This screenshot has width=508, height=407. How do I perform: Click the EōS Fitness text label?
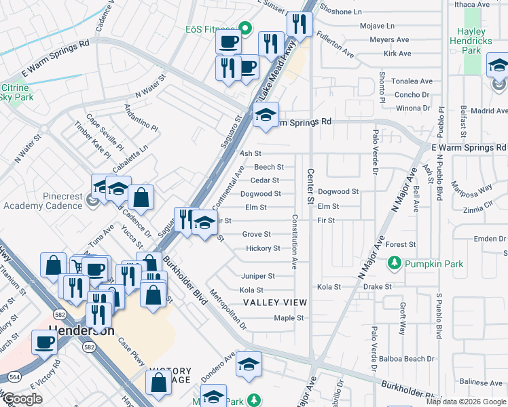point(209,29)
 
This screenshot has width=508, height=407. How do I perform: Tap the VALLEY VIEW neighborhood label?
point(275,303)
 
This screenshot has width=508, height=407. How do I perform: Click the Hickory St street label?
point(263,248)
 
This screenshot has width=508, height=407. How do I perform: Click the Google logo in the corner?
point(22,399)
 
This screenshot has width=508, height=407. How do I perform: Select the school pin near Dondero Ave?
point(249,364)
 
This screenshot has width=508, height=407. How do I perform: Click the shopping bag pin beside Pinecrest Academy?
point(141,197)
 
